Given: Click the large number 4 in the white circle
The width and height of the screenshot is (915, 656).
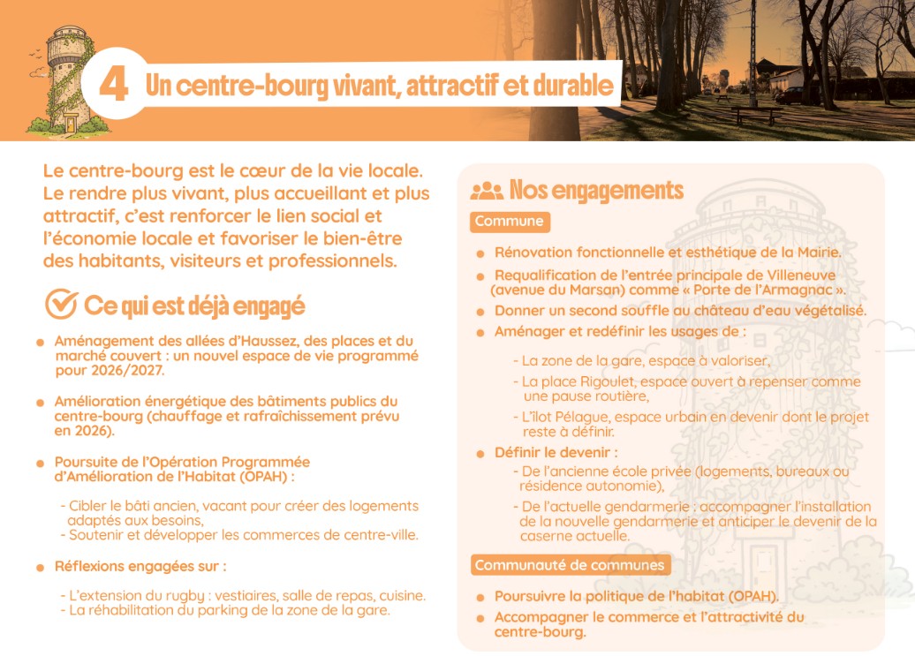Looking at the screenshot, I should coord(114,84).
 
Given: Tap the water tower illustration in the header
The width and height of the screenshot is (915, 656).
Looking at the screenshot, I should coord(64,79).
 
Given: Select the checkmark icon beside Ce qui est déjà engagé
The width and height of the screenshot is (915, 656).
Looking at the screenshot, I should coord(61,304).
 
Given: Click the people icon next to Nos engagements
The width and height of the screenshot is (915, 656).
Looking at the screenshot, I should coord(487,190).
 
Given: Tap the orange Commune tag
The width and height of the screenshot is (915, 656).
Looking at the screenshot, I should coord(509,222).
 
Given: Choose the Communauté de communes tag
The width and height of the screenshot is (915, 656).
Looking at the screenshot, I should coord(569,565).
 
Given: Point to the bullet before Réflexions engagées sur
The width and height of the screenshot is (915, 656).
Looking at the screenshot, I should coord(41,567).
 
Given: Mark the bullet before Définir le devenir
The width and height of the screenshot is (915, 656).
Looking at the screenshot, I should coord(480,454).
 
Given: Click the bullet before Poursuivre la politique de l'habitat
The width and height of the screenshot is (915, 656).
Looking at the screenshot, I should coord(480,597).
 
